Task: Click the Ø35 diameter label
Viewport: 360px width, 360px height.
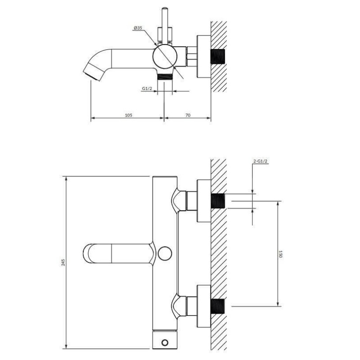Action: (138, 28)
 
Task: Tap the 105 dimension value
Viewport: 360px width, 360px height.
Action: (128, 115)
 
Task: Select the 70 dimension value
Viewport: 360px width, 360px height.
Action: (188, 115)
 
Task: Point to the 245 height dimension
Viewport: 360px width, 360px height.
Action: (63, 262)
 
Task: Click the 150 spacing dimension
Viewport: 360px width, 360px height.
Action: (280, 254)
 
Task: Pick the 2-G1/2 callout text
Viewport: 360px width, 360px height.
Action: (261, 161)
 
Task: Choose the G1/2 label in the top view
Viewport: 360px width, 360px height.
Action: (147, 89)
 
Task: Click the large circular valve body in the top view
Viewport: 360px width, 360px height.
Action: (165, 56)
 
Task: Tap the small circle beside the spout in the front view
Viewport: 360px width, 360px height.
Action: (165, 253)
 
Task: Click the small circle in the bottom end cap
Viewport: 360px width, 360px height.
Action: (165, 343)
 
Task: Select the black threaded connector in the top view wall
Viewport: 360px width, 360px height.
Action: (218, 57)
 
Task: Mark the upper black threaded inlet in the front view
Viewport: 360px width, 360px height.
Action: (218, 201)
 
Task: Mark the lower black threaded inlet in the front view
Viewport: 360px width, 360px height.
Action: (218, 306)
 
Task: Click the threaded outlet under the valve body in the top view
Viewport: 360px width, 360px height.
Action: (165, 76)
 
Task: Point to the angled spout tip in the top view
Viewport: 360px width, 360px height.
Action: (91, 72)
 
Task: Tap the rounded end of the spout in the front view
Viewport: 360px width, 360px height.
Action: (87, 253)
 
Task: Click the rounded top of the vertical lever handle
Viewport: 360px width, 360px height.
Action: (165, 9)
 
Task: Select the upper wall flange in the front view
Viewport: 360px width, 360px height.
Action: (204, 201)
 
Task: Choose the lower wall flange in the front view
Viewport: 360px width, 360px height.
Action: (204, 306)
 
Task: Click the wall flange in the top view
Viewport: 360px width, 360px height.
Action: (204, 57)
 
